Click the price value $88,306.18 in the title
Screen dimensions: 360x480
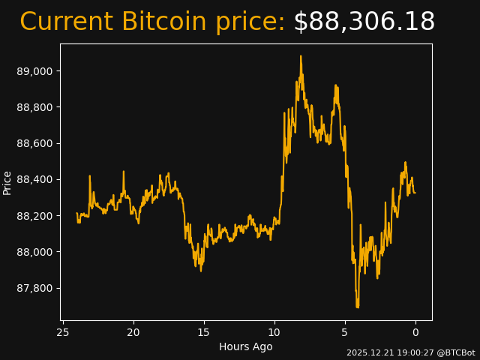(x=364, y=22)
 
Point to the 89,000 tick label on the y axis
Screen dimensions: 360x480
(x=34, y=71)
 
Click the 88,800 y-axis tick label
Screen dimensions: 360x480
(x=34, y=107)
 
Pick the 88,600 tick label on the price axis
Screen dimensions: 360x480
(x=34, y=143)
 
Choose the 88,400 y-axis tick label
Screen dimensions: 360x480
(x=34, y=180)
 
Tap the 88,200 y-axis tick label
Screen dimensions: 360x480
(x=34, y=216)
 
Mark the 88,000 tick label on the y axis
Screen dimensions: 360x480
(x=34, y=252)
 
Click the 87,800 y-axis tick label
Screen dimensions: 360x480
(x=34, y=288)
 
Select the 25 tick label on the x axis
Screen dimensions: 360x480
(x=63, y=332)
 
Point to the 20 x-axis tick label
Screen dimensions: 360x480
(x=133, y=332)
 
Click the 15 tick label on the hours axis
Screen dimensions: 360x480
(x=204, y=332)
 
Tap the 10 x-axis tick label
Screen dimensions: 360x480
(x=274, y=332)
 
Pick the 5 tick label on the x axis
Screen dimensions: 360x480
(x=345, y=332)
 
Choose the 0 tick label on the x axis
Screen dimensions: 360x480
(x=415, y=332)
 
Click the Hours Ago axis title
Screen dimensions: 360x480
(x=246, y=346)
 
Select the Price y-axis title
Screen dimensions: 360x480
(x=7, y=182)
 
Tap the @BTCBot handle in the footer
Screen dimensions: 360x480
(x=456, y=352)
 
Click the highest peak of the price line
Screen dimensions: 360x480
(x=301, y=56)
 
